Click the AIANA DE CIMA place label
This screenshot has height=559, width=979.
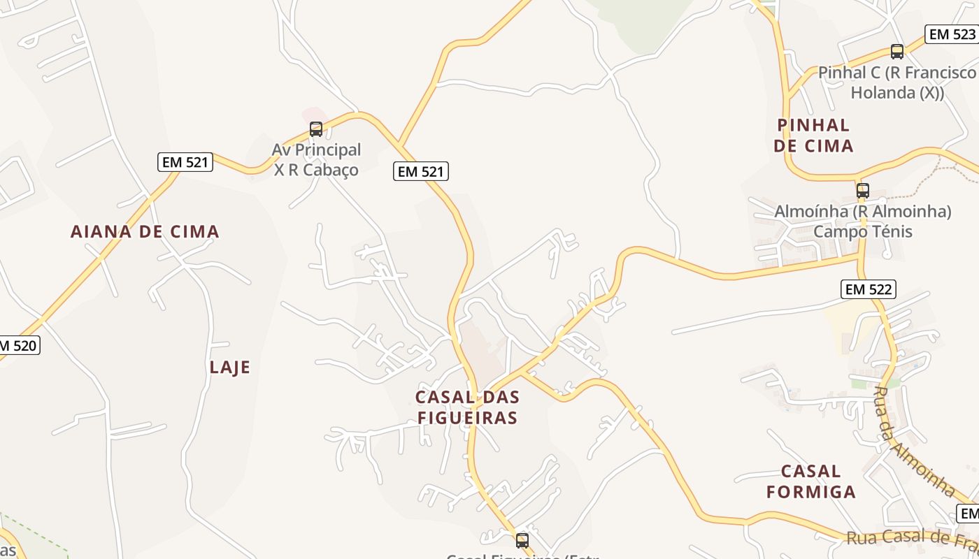click(x=145, y=232)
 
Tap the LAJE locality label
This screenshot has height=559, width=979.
click(x=229, y=368)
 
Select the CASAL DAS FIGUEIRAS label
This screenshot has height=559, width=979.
click(x=467, y=407)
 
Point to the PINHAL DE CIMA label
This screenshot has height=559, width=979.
click(x=814, y=136)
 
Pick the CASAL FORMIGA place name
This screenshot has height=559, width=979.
click(x=811, y=481)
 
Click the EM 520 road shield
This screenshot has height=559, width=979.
click(x=18, y=345)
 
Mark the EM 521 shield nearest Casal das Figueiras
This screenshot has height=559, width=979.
click(x=420, y=171)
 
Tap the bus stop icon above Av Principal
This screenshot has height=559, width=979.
click(x=316, y=129)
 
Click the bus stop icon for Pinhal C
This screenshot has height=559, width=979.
click(x=897, y=51)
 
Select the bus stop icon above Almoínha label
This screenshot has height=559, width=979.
click(x=863, y=190)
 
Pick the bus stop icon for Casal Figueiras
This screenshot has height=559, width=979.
click(x=522, y=540)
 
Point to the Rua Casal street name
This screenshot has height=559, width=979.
click(x=909, y=537)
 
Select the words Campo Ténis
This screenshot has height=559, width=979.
click(x=863, y=231)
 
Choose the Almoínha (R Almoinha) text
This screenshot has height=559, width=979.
click(x=863, y=211)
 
